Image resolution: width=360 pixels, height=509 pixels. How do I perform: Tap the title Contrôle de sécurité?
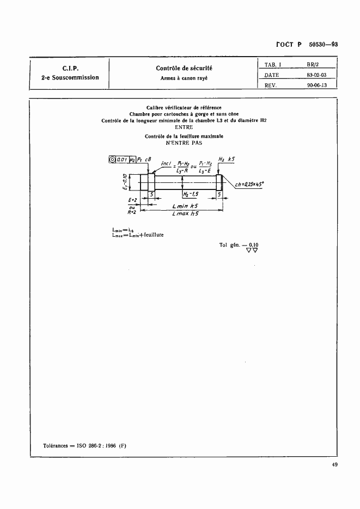tap(184, 68)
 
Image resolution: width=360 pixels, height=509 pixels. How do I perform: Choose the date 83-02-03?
tap(313, 75)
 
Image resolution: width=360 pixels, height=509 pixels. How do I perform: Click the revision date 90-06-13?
tap(313, 85)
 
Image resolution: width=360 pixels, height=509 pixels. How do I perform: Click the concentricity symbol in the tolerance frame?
tap(113, 160)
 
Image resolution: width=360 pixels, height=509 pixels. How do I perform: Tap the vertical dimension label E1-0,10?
tap(125, 182)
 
